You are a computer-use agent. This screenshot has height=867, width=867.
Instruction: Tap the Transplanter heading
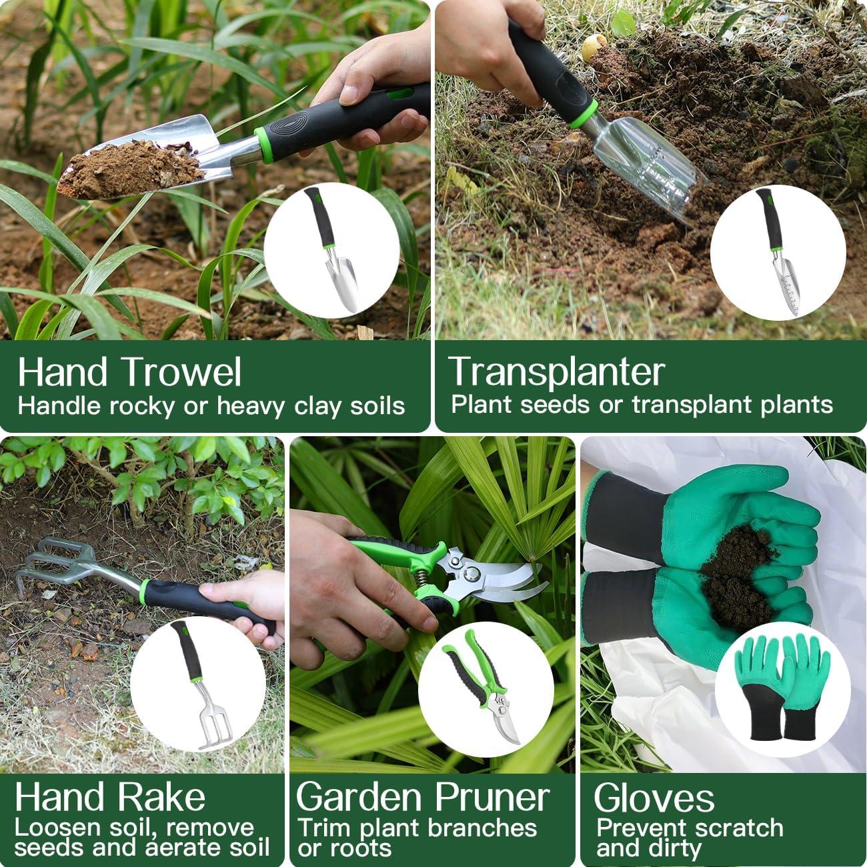(x=556, y=371)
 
